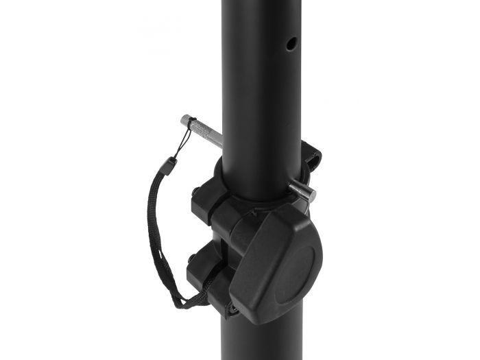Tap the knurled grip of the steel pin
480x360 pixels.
(203, 131)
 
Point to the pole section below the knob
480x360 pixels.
(267, 339)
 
